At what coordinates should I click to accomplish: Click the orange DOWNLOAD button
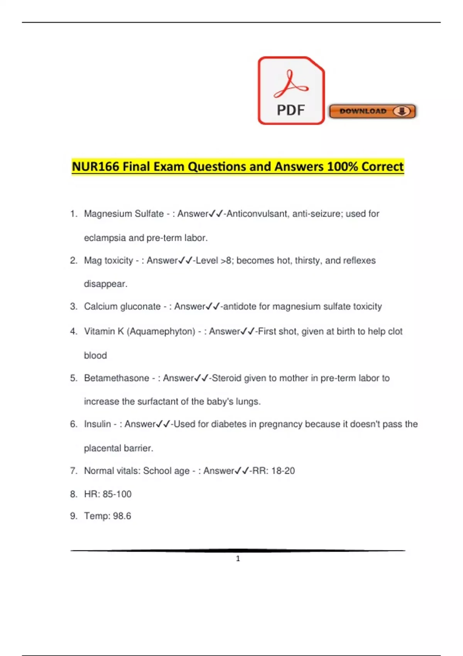372,111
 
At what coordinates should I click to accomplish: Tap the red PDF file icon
291,91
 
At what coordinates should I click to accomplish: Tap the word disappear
105,284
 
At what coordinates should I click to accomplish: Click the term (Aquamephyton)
161,331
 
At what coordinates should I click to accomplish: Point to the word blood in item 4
95,355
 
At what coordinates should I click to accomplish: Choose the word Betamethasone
117,378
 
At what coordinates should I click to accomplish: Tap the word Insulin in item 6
97,424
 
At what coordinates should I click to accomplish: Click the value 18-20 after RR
283,471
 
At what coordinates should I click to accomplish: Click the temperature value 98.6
122,516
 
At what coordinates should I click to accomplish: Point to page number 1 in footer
238,558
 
